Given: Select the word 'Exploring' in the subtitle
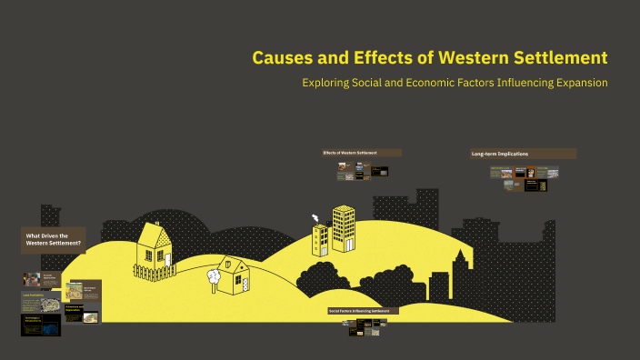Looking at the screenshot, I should [329, 83].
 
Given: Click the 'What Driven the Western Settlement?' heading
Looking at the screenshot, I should [54, 240].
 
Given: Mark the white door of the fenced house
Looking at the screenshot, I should [167, 259].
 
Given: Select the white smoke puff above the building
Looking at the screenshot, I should [315, 218].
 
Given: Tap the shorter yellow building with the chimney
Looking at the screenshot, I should [320, 240].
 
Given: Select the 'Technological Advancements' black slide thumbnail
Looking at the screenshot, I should [40, 324].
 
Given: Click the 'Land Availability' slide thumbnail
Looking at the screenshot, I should [40, 301].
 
